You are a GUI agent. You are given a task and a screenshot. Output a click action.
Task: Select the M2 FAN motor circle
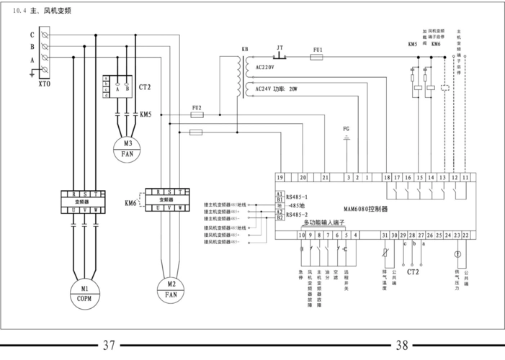point(171,289)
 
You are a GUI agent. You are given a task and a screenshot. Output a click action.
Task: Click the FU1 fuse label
point(318,49)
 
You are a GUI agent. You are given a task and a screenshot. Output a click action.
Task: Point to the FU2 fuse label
point(197,107)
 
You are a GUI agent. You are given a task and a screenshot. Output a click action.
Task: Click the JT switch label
point(280,48)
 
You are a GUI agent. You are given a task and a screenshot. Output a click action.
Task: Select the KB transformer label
point(245,49)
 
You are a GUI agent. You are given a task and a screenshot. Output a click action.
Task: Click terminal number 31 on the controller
point(385,235)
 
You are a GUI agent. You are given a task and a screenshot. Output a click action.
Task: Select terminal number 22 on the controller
point(466,235)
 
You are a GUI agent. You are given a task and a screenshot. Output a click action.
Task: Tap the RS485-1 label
point(297,197)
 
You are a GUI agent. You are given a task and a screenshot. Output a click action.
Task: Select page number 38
point(402,345)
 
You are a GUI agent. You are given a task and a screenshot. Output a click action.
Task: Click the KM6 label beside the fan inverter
point(130,204)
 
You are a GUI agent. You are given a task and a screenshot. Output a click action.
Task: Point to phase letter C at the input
point(32,35)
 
